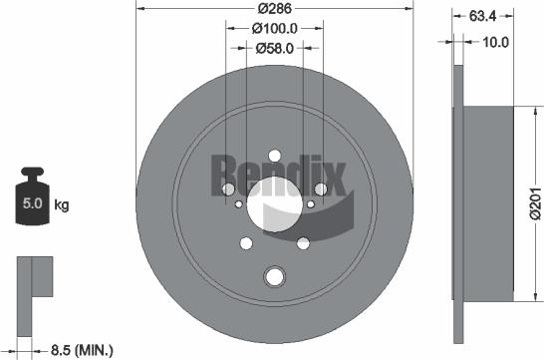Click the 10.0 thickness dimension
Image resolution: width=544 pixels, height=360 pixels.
click(495, 42)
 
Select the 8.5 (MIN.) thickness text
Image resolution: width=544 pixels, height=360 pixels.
click(83, 349)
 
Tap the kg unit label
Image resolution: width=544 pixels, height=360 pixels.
click(61, 206)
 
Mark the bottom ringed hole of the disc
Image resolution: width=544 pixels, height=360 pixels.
click(274, 276)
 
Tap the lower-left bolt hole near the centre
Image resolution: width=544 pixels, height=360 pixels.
click(246, 242)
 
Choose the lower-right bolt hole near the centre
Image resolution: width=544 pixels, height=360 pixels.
click(301, 242)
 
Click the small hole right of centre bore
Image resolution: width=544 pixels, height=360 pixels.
click(311, 204)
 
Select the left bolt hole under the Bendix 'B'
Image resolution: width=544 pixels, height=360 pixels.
click(228, 188)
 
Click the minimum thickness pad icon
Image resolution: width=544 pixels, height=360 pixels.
click(33, 279)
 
